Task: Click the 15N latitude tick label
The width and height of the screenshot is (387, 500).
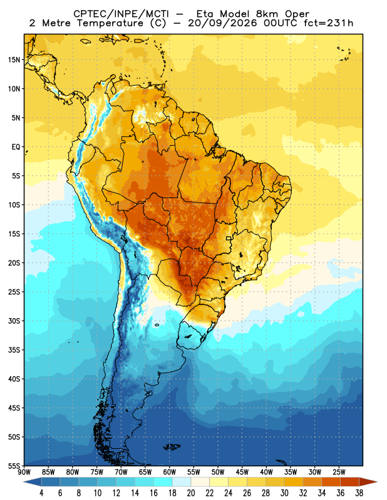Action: pyautogui.click(x=14, y=59)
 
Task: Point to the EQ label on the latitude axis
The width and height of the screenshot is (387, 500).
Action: pyautogui.click(x=16, y=147)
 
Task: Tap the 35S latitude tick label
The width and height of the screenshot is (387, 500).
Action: pyautogui.click(x=14, y=350)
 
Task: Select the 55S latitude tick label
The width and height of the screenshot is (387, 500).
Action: pyautogui.click(x=14, y=466)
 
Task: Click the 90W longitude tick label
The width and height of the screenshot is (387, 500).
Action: pyautogui.click(x=24, y=472)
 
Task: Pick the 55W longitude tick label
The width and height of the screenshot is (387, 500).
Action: pyautogui.click(x=194, y=472)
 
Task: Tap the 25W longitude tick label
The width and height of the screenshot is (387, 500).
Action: pyautogui.click(x=339, y=472)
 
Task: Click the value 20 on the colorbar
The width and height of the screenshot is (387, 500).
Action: pyautogui.click(x=191, y=493)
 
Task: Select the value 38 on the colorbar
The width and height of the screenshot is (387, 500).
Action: pyautogui.click(x=359, y=493)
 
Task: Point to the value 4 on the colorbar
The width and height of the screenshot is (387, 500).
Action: pyautogui.click(x=41, y=493)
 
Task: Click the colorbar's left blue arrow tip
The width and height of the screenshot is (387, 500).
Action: pyautogui.click(x=24, y=482)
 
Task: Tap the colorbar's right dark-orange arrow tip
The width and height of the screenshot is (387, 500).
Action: pyautogui.click(x=378, y=482)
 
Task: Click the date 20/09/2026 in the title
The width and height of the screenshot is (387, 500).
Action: pyautogui.click(x=222, y=23)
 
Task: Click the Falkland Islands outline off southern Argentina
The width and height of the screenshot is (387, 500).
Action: pyautogui.click(x=172, y=447)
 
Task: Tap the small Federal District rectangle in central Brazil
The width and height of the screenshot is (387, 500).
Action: pyautogui.click(x=229, y=238)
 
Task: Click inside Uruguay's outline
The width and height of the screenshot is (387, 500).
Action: pyautogui.click(x=191, y=336)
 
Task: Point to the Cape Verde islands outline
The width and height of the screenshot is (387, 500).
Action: pyautogui.click(x=344, y=54)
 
